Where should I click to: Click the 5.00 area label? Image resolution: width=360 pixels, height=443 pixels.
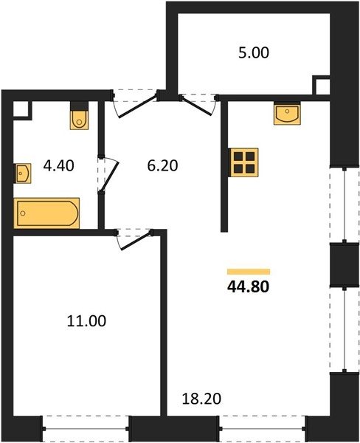(254, 53)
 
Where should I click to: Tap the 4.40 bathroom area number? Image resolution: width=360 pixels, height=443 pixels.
(59, 165)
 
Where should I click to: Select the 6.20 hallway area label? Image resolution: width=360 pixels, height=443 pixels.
(162, 165)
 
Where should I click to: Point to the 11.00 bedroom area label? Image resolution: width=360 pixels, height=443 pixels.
(87, 321)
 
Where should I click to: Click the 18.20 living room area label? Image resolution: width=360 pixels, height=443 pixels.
(201, 399)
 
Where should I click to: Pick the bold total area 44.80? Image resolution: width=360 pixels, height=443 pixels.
(248, 287)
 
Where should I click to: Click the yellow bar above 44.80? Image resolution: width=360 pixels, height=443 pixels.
(249, 272)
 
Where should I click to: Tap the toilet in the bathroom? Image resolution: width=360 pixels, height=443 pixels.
(80, 116)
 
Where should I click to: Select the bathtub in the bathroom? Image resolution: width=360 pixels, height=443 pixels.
(46, 213)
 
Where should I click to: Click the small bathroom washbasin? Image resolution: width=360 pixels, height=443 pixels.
(22, 174)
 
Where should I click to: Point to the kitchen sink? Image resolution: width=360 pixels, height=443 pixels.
(287, 113)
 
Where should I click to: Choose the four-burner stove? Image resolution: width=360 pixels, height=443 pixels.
(244, 162)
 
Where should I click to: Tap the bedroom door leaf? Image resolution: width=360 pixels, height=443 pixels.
(136, 241)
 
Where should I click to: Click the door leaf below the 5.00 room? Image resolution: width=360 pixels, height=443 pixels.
(197, 106)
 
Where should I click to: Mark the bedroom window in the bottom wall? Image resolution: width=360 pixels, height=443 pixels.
(86, 428)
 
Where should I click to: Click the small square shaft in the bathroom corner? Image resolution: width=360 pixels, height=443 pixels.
(21, 109)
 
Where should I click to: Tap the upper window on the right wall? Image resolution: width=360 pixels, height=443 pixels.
(345, 205)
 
